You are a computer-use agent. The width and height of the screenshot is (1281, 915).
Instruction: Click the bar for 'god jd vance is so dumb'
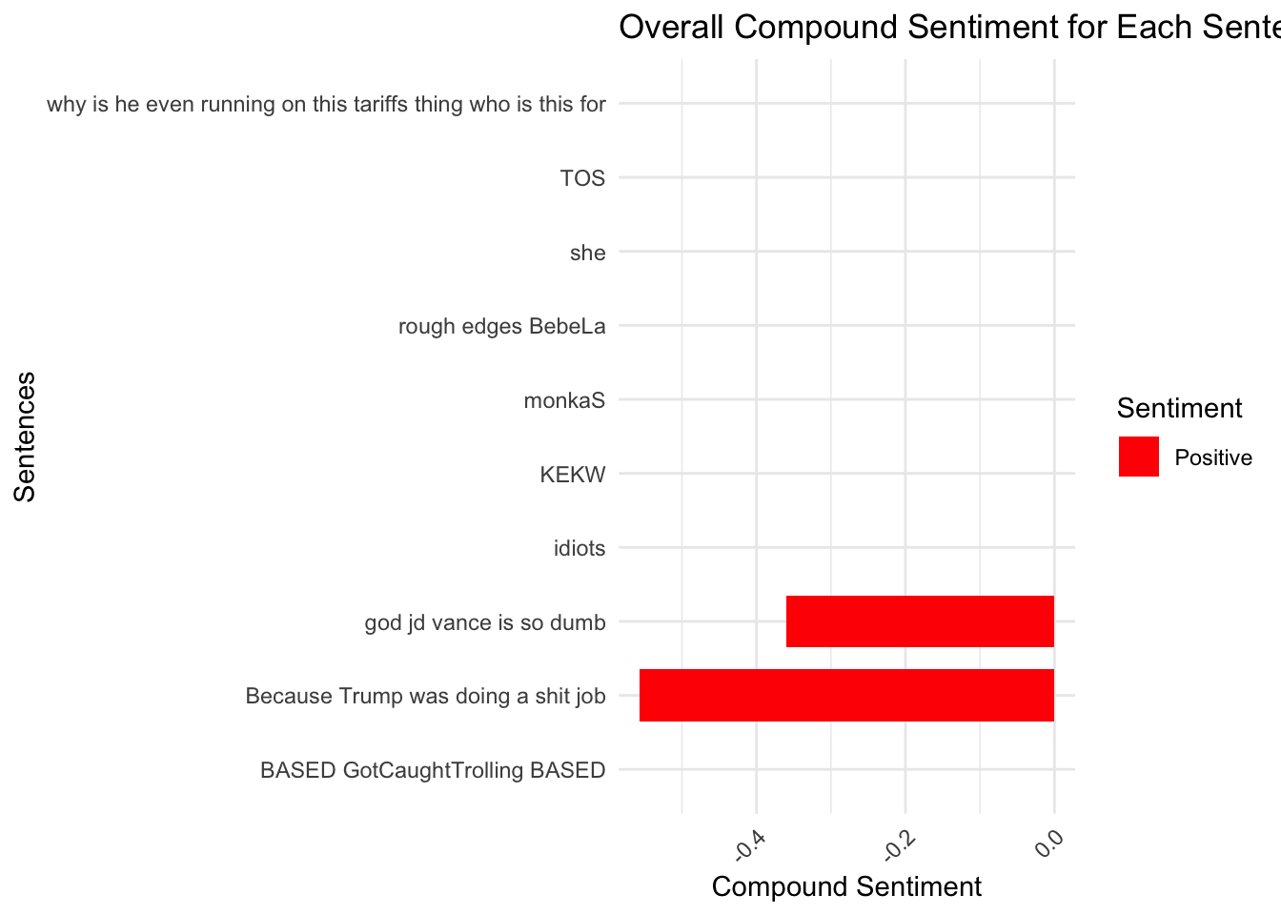coord(920,621)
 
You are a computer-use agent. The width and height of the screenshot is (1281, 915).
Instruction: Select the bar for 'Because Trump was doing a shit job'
coord(846,695)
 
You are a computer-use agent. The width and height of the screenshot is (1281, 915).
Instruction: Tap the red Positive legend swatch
coord(1138,457)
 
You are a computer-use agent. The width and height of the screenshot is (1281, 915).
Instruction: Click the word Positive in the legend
coord(1212,457)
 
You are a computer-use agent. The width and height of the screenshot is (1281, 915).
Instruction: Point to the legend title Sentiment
coord(1179,408)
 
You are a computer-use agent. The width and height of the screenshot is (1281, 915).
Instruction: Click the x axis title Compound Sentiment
coord(846,886)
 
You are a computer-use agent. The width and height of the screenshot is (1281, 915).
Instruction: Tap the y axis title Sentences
coord(25,437)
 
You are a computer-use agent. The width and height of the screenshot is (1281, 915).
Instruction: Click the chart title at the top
coord(948,27)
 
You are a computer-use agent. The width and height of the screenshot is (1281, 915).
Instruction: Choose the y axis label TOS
coord(582,178)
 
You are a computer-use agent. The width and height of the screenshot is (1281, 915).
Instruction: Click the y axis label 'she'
coord(587,253)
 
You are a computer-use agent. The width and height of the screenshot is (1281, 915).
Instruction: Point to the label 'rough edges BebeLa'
coord(501,327)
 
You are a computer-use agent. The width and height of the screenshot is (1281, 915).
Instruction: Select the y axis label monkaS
coord(564,400)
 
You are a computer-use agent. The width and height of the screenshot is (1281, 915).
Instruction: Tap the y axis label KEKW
coord(572,475)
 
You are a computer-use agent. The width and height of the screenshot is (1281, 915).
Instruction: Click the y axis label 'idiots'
coord(579,548)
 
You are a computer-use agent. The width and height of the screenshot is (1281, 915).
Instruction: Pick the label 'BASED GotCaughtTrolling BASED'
coord(433,770)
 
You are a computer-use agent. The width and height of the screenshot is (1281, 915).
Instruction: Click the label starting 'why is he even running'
coord(326,104)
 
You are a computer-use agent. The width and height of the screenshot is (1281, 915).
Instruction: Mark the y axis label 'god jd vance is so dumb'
coord(485,622)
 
